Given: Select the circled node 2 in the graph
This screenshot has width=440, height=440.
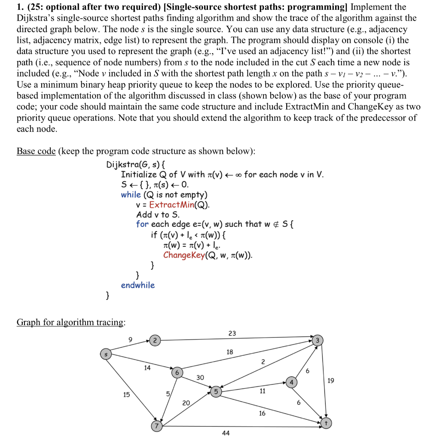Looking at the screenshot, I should tap(155, 340).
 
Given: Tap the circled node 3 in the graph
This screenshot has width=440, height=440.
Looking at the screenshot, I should tap(317, 340).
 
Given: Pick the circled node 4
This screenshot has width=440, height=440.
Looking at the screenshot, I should tap(291, 382).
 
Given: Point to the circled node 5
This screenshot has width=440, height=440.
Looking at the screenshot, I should tap(216, 391).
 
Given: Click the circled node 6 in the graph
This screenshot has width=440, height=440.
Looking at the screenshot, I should tap(177, 372).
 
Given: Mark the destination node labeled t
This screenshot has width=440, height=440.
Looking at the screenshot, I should tap(326, 423).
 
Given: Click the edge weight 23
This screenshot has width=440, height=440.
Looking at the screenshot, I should tap(232, 333).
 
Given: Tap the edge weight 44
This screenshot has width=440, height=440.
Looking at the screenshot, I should tap(226, 433).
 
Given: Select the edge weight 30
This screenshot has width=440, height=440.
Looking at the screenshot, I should tap(200, 377).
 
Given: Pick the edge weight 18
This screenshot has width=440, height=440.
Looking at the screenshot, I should tap(230, 352).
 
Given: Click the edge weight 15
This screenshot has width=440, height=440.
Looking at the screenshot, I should tap(126, 394).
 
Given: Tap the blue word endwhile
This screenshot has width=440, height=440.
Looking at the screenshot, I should tap(137, 285).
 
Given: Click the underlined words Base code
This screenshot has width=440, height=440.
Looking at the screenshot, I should tap(36, 151).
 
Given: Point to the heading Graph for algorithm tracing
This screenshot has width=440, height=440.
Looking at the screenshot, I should tap(71, 322).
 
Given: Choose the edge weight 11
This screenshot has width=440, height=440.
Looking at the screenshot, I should tap(262, 391).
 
